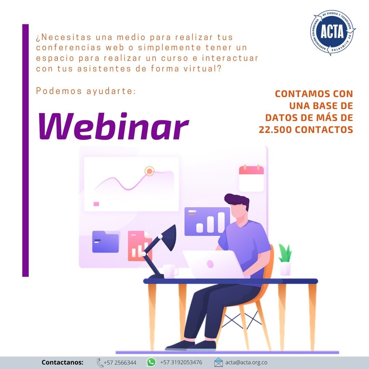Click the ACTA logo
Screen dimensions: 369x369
pyautogui.click(x=332, y=33)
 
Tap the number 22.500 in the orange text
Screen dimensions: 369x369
pyautogui.click(x=275, y=130)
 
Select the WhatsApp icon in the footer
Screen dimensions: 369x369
pyautogui.click(x=151, y=362)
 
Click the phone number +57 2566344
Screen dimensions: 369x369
pyautogui.click(x=120, y=363)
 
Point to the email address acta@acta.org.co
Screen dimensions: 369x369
pyautogui.click(x=246, y=363)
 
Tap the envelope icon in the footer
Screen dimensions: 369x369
pyautogui.click(x=218, y=362)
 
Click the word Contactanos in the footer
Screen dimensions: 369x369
pyautogui.click(x=63, y=362)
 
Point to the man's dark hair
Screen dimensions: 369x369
pyautogui.click(x=237, y=201)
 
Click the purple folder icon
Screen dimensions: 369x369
pyautogui.click(x=106, y=242)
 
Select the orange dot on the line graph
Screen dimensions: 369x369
pyautogui.click(x=149, y=171)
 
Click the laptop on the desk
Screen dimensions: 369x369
pyautogui.click(x=213, y=264)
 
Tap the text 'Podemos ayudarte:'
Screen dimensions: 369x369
pyautogui.click(x=86, y=91)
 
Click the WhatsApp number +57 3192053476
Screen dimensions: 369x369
pyautogui.click(x=181, y=362)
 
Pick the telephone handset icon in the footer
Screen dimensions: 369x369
pyautogui.click(x=100, y=363)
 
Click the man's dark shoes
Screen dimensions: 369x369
pyautogui.click(x=191, y=345)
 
